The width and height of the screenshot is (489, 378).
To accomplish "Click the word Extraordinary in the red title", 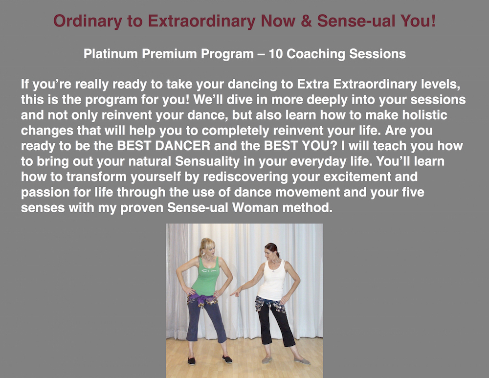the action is click(x=201, y=21).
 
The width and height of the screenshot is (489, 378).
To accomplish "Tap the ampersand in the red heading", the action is click(x=306, y=21).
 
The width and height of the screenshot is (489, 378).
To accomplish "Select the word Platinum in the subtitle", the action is click(x=111, y=54).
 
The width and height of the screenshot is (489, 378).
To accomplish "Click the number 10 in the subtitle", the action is click(x=275, y=54).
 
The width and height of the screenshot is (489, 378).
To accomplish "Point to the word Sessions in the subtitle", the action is click(x=378, y=54).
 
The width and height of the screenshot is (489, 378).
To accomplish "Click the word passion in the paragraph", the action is click(x=45, y=193).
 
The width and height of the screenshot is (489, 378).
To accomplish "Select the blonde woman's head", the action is click(x=207, y=247).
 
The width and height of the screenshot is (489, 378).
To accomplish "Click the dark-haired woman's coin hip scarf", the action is click(x=270, y=304).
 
